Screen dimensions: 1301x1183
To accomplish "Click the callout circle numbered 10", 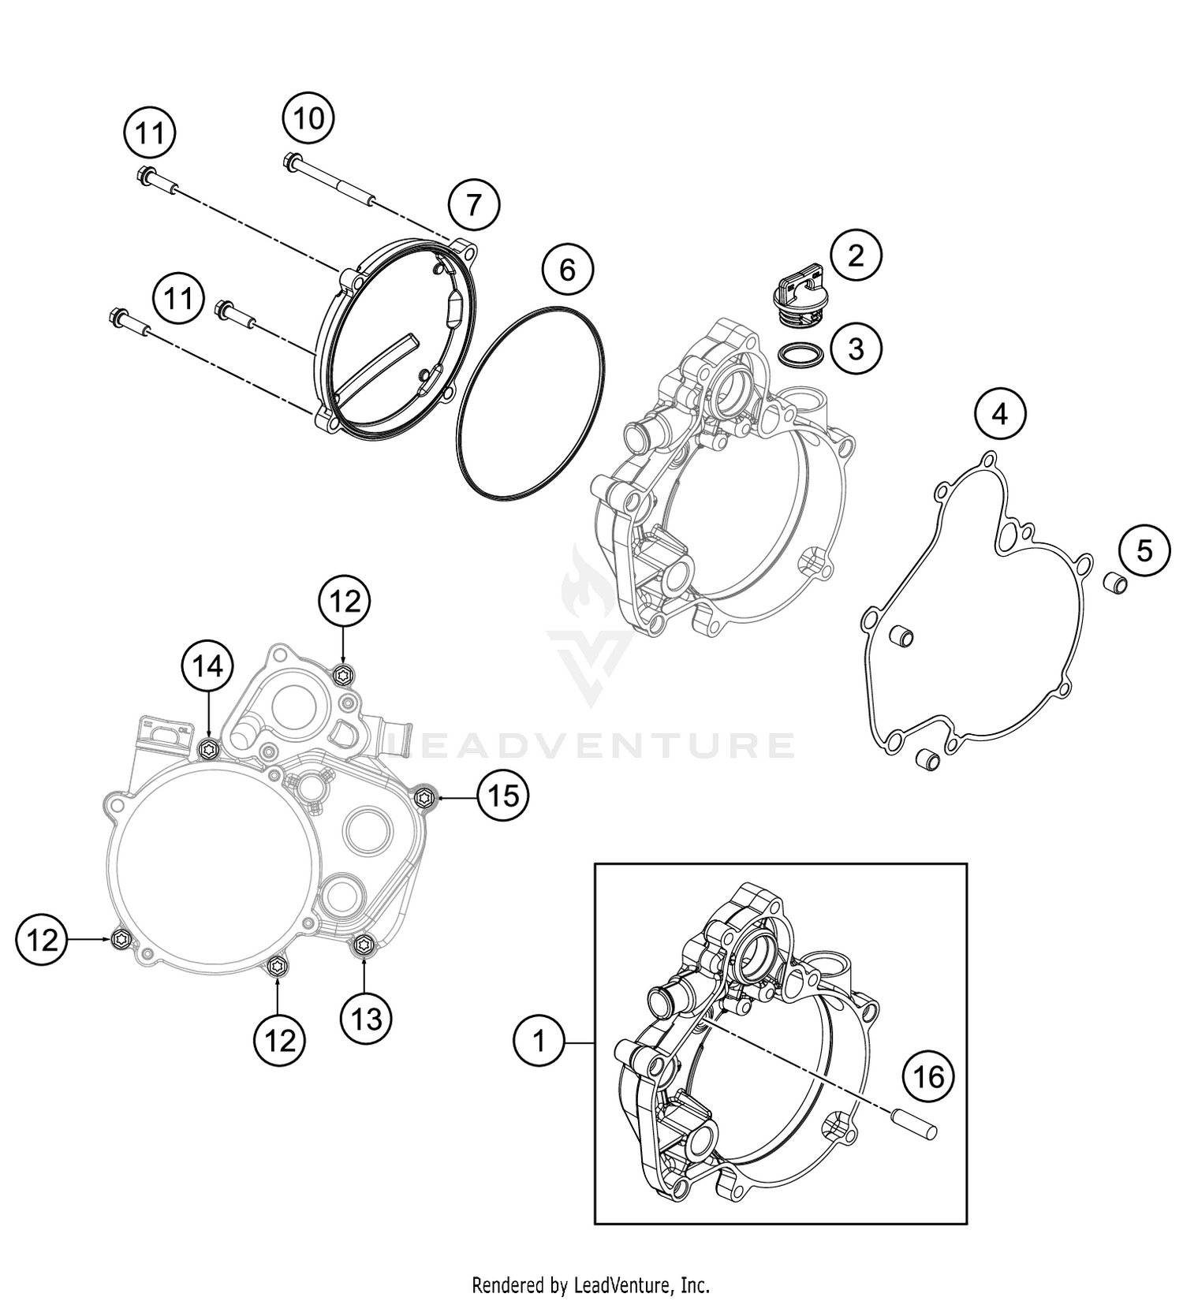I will tap(308, 119).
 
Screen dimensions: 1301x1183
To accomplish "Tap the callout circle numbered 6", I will tap(567, 270).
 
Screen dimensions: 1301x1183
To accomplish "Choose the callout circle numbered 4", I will tap(1000, 413).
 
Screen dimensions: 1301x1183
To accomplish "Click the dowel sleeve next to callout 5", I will tap(1114, 584).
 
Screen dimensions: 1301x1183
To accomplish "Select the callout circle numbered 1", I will tap(539, 1042).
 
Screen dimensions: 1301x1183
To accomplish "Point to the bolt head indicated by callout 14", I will tap(208, 748).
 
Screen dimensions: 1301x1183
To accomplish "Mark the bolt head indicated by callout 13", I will tap(364, 944).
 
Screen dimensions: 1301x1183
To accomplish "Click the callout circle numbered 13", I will tap(366, 1020).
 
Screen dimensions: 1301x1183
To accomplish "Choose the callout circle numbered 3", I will tap(856, 348).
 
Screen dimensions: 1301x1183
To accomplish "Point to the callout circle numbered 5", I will tap(1144, 550).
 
